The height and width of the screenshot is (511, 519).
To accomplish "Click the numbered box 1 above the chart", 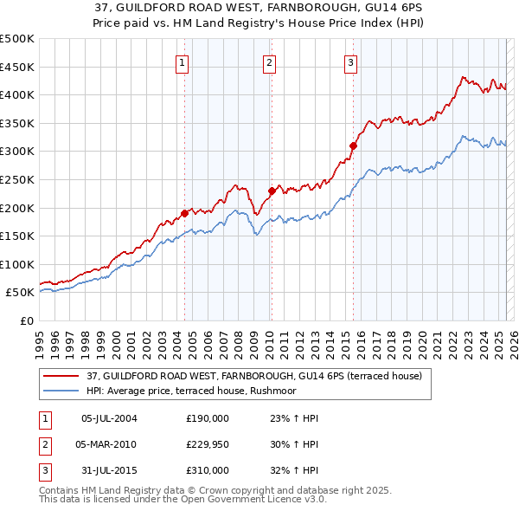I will click(x=183, y=61).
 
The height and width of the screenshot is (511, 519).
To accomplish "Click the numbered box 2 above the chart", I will click(x=270, y=61).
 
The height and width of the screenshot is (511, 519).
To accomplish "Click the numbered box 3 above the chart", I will click(x=351, y=61).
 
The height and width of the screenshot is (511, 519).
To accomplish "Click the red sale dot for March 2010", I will click(x=271, y=191).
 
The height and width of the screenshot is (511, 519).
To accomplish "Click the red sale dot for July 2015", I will click(x=353, y=146).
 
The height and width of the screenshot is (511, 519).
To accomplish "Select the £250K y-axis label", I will click(x=17, y=180).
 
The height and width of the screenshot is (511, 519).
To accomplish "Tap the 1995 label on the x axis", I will click(x=40, y=340).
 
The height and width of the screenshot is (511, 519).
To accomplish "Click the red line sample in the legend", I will click(x=61, y=376).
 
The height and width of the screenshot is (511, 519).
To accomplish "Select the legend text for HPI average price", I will click(x=190, y=391).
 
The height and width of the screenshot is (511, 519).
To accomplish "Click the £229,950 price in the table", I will click(x=208, y=444).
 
